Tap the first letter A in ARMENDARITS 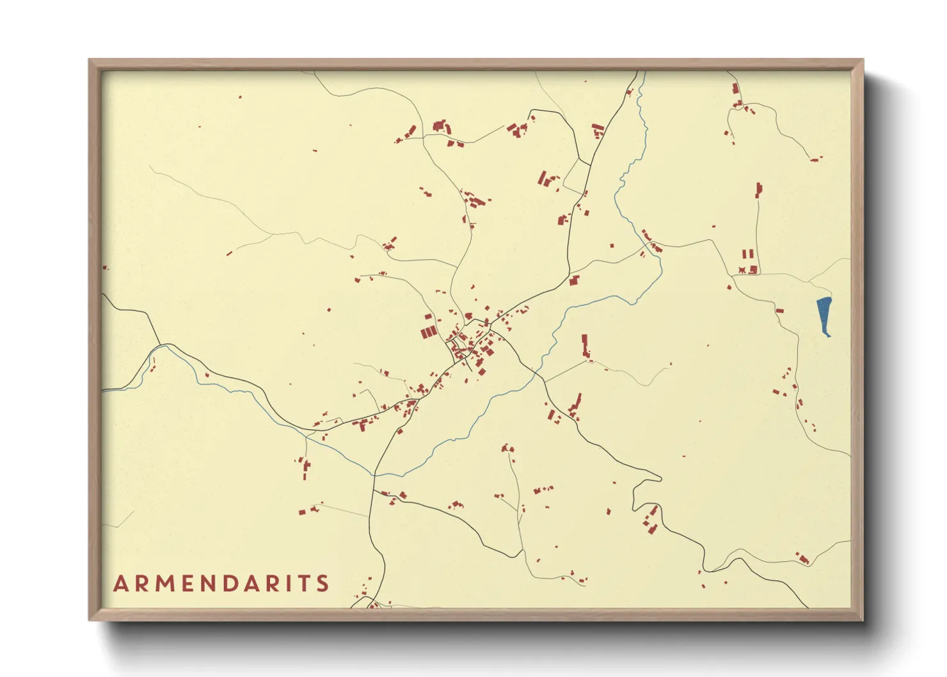121,584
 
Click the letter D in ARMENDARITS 234,584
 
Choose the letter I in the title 285,584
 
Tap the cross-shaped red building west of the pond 742,270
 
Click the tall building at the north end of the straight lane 759,190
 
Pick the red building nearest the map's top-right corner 736,89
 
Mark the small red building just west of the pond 779,311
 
